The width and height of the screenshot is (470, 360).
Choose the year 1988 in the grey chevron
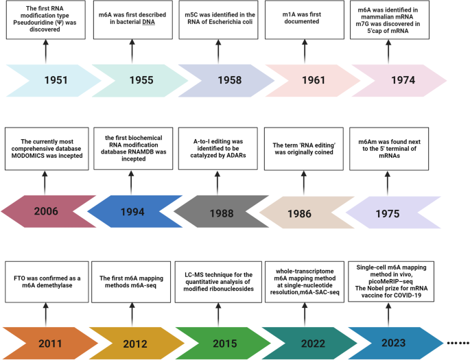point(223,213)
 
